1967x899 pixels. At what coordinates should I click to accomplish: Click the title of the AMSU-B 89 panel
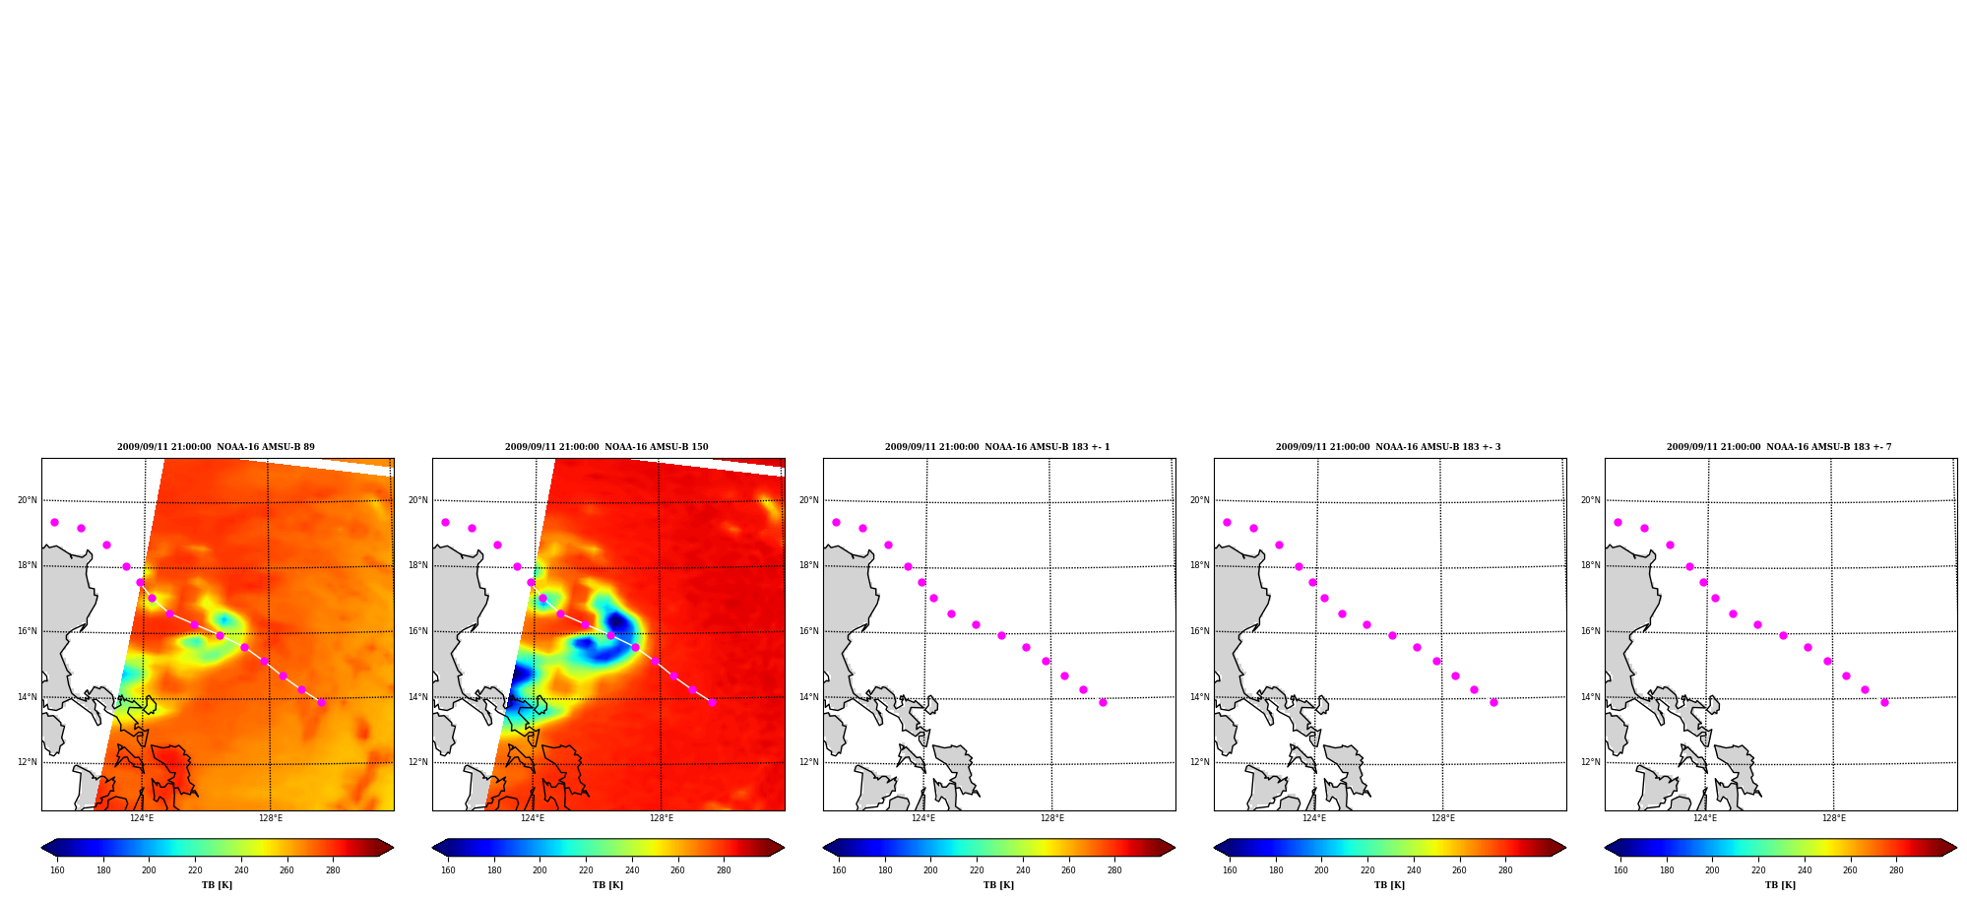[x=216, y=447]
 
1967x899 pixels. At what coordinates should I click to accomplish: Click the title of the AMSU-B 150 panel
[x=606, y=447]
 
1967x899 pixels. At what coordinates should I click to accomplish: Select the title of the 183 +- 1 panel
[x=997, y=447]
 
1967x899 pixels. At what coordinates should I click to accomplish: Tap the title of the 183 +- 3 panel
[x=1388, y=447]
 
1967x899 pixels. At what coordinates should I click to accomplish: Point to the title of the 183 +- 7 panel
[x=1779, y=447]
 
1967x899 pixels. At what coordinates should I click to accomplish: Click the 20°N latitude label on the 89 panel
[x=28, y=500]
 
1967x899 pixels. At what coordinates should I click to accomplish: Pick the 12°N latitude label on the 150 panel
[x=418, y=762]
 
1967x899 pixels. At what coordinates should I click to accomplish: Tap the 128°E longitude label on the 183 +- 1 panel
[x=1052, y=818]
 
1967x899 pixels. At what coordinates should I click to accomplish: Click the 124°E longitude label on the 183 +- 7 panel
[x=1705, y=818]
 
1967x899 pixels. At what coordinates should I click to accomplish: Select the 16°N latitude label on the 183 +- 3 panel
[x=1200, y=631]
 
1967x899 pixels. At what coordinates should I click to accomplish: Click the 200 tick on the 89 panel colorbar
[x=149, y=870]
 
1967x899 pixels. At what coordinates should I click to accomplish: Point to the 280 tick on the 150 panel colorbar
[x=724, y=870]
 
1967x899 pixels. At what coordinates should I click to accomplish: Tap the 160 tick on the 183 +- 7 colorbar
[x=1620, y=870]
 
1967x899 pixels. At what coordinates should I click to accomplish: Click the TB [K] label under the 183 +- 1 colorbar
[x=998, y=885]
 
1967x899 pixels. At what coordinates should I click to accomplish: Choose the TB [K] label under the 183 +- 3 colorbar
[x=1389, y=885]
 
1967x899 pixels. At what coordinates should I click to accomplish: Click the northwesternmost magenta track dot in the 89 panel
[x=54, y=522]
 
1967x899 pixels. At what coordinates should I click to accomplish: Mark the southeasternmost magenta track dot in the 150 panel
[x=712, y=702]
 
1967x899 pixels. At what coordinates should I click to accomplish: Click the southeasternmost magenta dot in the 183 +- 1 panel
[x=1103, y=702]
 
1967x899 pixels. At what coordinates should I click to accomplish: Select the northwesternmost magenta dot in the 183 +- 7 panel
[x=1618, y=522]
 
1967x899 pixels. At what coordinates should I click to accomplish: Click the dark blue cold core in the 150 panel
[x=617, y=621]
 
